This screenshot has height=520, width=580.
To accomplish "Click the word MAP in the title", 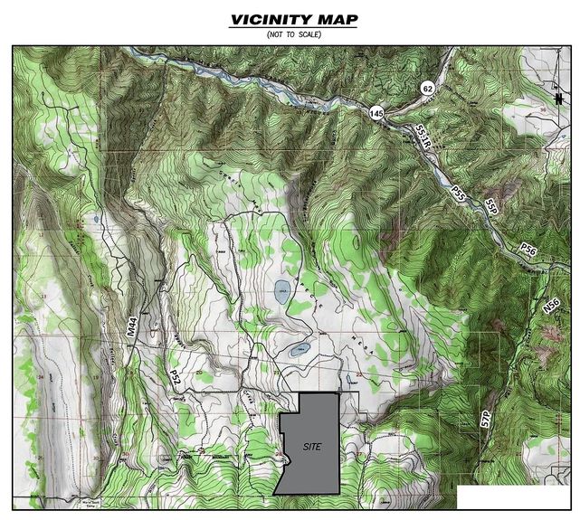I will pos(334,19).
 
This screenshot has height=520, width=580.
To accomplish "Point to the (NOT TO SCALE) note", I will pos(293,34).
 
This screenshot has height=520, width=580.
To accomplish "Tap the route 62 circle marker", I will pos(428,88).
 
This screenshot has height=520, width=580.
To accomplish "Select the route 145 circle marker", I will pos(377,113).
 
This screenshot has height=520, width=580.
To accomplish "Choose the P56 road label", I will pos(529,248).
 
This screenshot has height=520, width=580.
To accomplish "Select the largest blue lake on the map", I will pos(282,291).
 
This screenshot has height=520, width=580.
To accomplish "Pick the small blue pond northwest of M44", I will pos(95,220).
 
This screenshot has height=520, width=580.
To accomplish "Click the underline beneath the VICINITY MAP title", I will pos(293,28).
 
